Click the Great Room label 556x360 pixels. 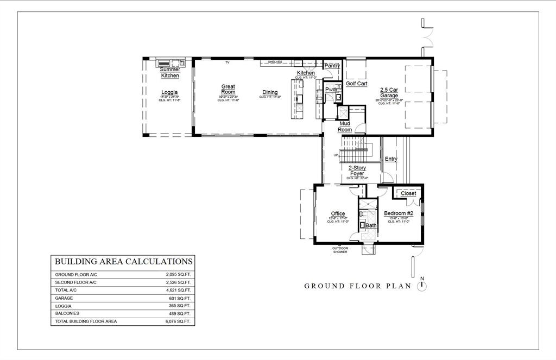[x=228, y=89]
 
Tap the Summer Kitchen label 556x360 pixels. [x=170, y=73]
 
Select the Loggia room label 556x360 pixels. [x=169, y=92]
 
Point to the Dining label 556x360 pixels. [x=270, y=92]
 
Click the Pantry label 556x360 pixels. [x=332, y=66]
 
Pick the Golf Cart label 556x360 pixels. [x=357, y=84]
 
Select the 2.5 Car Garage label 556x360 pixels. [x=389, y=92]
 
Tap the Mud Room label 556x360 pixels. [x=345, y=127]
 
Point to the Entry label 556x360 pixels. [x=391, y=159]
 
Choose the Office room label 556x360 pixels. [x=338, y=213]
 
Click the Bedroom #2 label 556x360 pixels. [x=399, y=213]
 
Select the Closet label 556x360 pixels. [x=408, y=193]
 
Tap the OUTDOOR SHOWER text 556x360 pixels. [x=340, y=250]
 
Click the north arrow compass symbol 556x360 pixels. [x=422, y=285]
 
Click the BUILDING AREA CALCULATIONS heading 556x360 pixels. [x=123, y=262]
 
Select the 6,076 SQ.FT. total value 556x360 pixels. [x=179, y=321]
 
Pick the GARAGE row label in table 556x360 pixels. [x=64, y=298]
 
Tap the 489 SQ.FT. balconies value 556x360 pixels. [x=180, y=313]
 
